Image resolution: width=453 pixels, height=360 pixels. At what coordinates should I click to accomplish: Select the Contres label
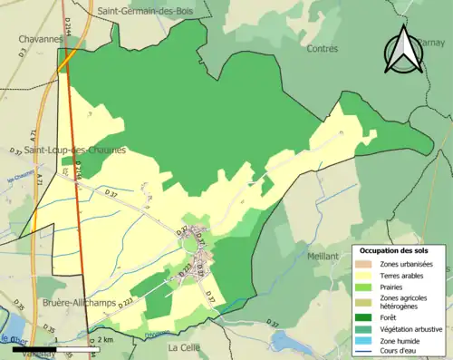[323, 48]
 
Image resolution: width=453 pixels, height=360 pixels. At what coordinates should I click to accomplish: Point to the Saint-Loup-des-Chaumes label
[75, 150]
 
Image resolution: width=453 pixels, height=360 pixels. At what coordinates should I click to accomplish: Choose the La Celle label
[185, 347]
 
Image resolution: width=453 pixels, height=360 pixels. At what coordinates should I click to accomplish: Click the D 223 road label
[124, 303]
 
